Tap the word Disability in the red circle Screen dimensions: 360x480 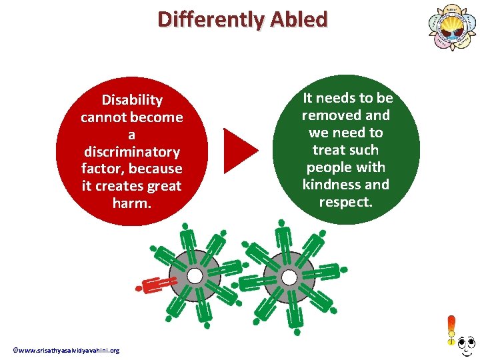click(x=131, y=100)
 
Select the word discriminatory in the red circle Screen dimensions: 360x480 click(x=131, y=152)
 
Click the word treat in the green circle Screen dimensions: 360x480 click(x=328, y=150)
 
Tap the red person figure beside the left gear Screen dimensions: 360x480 click(x=155, y=283)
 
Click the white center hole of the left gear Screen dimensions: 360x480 click(x=195, y=275)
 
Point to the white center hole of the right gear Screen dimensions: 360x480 click(x=289, y=275)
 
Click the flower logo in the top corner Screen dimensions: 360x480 click(x=451, y=27)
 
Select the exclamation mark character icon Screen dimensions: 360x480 click(x=451, y=331)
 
